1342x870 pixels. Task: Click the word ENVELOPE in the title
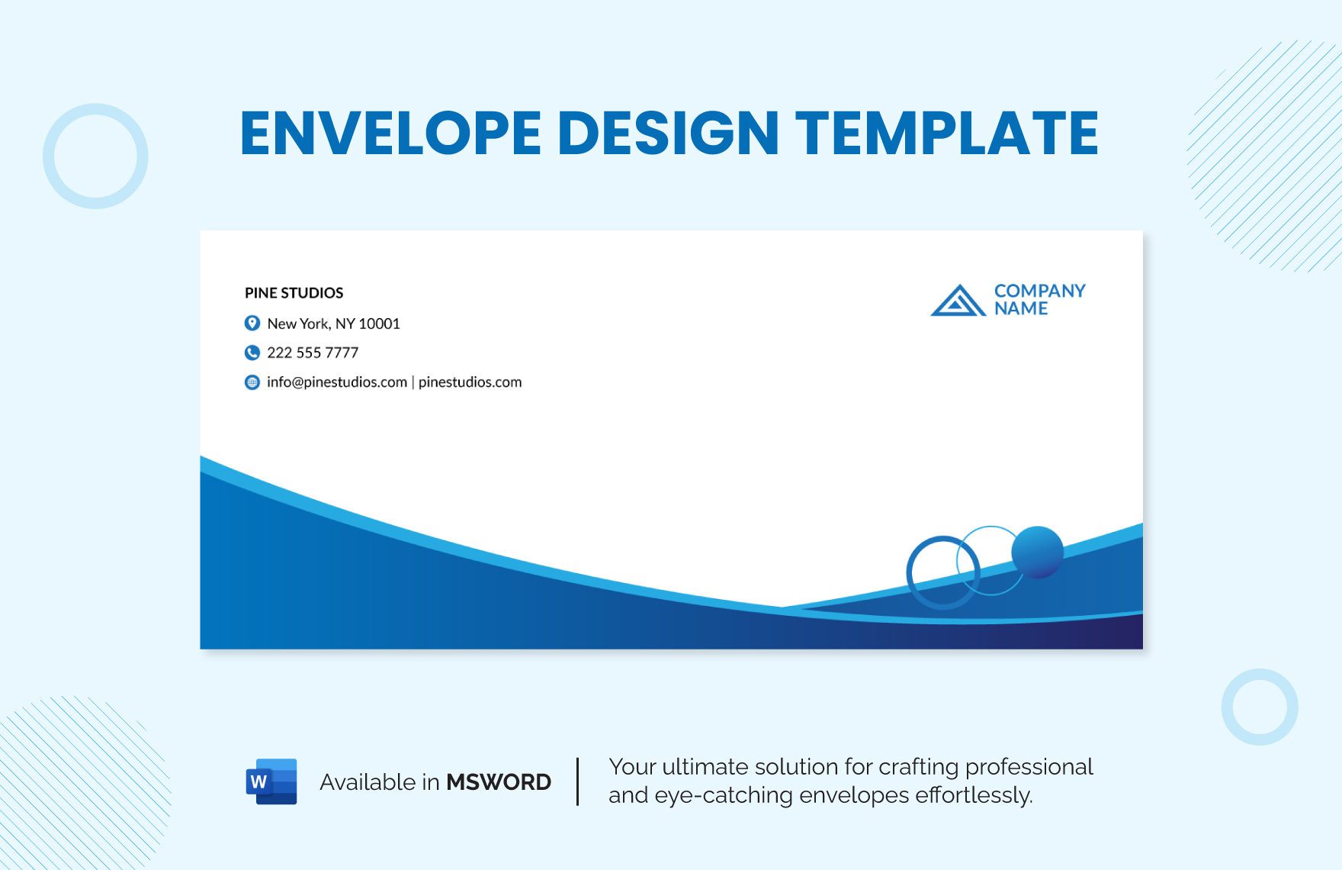point(390,134)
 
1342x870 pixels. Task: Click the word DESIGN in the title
point(668,134)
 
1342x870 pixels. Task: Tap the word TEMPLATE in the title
point(947,134)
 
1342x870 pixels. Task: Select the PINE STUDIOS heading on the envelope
point(294,293)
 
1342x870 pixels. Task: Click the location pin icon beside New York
point(252,324)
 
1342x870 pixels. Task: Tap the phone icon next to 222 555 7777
point(252,353)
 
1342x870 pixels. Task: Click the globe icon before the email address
point(252,382)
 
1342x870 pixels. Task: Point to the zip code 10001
point(379,324)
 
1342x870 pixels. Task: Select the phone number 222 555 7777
point(313,353)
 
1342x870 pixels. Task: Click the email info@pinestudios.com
point(337,382)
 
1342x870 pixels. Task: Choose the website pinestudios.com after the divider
point(470,382)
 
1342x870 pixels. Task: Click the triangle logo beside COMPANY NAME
point(958,301)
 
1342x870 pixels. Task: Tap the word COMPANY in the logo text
point(1039,291)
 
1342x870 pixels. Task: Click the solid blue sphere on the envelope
point(1037,552)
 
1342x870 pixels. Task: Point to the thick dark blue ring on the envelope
point(909,572)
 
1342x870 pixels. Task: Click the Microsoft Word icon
point(271,781)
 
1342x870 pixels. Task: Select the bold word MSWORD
point(499,782)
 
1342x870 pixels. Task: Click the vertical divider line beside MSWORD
point(578,781)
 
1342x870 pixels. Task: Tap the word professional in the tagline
point(1029,767)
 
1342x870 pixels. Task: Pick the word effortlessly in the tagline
point(974,795)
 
